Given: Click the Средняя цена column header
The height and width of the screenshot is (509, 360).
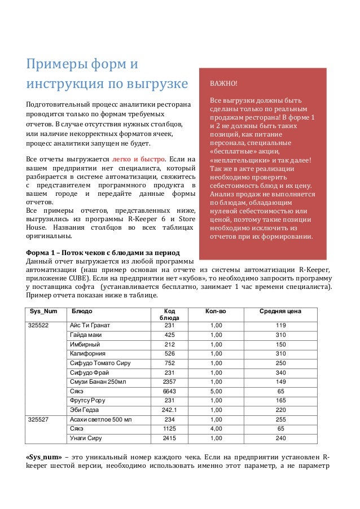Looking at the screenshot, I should coord(280,311).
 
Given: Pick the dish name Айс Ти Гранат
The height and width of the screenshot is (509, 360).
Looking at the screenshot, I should coord(89,326).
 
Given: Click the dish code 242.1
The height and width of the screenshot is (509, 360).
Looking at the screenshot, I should coord(169,410).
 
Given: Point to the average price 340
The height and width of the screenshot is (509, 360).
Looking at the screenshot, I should coord(280,372).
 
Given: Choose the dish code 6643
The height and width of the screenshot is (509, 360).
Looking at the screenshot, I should coord(169,392).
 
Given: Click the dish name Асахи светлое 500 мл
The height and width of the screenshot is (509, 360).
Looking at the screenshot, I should coord(100,420).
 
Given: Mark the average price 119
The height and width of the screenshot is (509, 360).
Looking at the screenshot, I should coord(280,326).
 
